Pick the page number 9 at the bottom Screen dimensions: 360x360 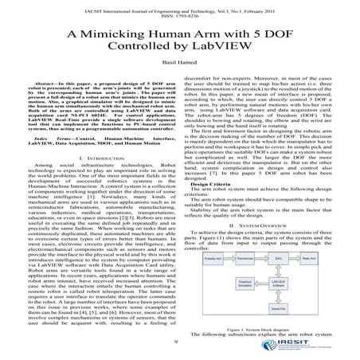[x=180, y=342]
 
